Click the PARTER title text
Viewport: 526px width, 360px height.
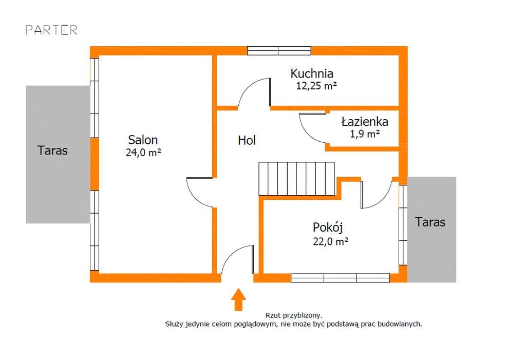point(51,30)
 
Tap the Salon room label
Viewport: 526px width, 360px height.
point(143,140)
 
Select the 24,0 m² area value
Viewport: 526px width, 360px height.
point(143,152)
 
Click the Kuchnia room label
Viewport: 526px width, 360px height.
point(312,73)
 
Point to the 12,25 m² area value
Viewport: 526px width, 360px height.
point(316,86)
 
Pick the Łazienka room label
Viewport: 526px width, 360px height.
point(365,122)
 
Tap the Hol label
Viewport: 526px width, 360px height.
point(247,140)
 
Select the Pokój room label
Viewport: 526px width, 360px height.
point(328,227)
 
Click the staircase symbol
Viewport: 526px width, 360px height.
point(296,179)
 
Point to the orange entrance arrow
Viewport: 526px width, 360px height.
point(238,299)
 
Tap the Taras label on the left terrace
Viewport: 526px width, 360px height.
point(52,150)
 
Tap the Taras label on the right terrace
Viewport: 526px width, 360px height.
point(430,222)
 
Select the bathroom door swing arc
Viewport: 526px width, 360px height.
point(311,128)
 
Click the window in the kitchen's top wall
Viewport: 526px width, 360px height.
point(279,50)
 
